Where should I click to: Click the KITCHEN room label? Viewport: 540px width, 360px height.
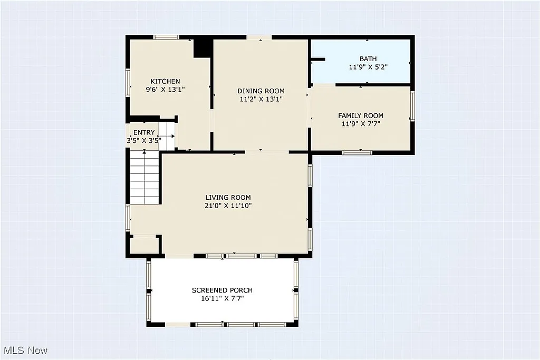165,81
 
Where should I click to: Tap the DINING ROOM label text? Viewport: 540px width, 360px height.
261,91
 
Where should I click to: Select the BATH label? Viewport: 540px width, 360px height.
368,59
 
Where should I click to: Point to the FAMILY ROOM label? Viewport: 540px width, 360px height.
360,115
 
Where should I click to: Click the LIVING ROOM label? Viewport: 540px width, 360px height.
228,198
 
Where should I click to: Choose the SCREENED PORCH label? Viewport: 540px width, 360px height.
221,290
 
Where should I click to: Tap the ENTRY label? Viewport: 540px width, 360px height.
144,132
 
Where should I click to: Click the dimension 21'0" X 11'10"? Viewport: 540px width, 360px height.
228,206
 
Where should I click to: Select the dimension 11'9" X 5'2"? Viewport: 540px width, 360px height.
368,67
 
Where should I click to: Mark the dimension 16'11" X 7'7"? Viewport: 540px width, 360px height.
221,298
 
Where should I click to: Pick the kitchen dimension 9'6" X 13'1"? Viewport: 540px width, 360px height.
165,90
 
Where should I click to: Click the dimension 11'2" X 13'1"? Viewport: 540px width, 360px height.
261,99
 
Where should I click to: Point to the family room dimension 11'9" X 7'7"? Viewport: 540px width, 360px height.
360,124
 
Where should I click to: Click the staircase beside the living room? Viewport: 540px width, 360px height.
145,176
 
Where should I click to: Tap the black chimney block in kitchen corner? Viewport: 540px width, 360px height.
202,48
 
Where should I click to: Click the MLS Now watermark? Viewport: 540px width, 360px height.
25,350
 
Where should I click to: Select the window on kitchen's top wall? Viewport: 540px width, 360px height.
166,37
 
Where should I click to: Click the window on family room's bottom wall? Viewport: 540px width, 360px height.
357,153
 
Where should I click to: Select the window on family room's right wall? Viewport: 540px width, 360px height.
413,106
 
